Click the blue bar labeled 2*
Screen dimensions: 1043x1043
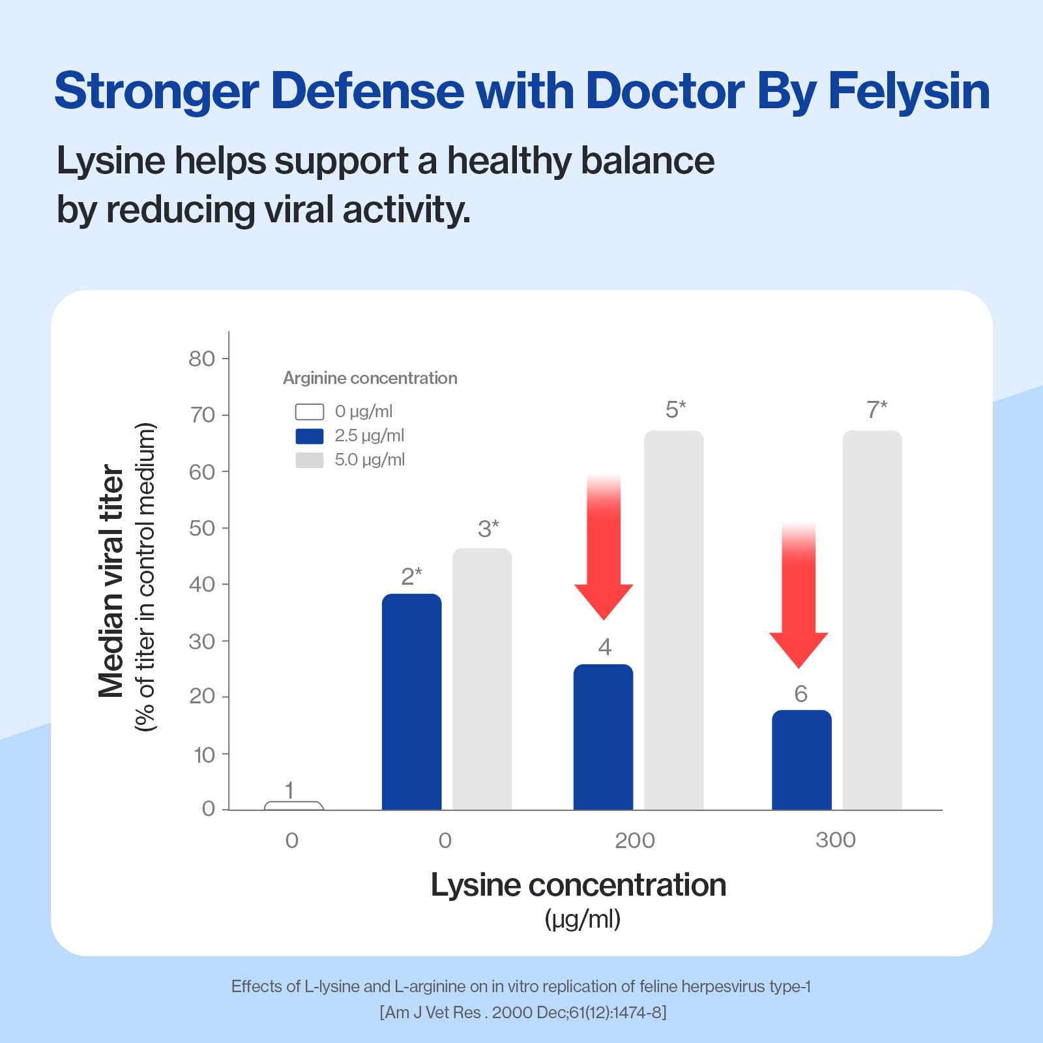(x=411, y=701)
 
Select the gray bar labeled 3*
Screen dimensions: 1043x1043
(x=482, y=679)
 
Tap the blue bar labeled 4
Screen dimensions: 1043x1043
(x=603, y=737)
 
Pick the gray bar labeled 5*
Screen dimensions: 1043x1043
(x=674, y=620)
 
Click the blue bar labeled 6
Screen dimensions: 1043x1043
(x=802, y=759)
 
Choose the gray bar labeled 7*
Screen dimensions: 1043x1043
(x=872, y=620)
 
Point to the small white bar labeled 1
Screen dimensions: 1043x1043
(x=294, y=806)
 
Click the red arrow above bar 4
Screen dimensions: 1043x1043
(x=604, y=548)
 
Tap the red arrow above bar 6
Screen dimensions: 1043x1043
(x=799, y=595)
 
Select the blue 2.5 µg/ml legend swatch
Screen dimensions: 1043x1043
(x=310, y=436)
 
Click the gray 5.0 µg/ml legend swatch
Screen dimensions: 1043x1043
(x=310, y=460)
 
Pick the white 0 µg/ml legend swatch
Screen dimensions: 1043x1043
(x=310, y=412)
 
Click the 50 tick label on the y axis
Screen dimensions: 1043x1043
(x=201, y=528)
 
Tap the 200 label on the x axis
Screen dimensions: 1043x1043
(x=635, y=840)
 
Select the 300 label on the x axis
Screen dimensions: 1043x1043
(x=836, y=840)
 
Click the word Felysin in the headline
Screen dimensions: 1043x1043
(x=909, y=91)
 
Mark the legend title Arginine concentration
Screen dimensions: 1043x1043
(x=370, y=378)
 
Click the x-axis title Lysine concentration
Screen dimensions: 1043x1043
(x=578, y=885)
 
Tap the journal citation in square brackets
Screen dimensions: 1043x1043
(x=523, y=1012)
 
